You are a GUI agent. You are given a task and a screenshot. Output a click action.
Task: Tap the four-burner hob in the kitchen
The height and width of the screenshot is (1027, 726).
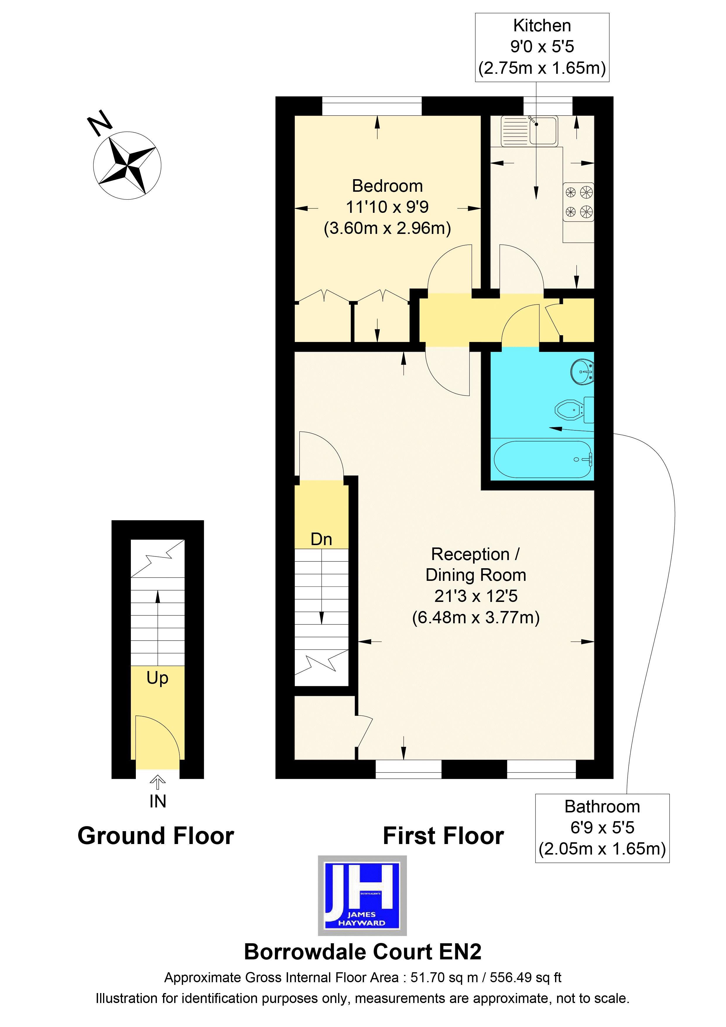[x=578, y=202]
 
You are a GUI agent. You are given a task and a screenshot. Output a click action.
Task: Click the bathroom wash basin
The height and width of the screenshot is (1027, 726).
[x=583, y=371]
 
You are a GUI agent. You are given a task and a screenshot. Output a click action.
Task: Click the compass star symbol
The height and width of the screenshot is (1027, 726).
[x=127, y=165]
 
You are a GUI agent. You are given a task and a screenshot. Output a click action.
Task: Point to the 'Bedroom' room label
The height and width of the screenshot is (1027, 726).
[x=387, y=186]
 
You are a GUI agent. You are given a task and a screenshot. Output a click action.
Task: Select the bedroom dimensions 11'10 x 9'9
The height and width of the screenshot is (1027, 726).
[x=387, y=207]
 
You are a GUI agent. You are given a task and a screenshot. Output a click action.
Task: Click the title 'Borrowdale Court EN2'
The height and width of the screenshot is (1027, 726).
[x=362, y=952]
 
